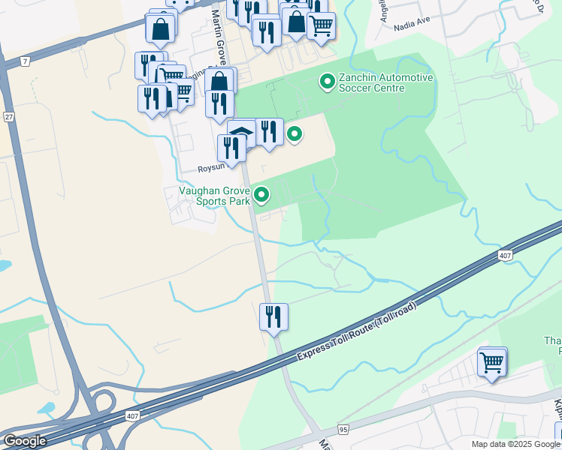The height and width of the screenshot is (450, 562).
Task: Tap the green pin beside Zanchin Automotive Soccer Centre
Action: [327, 81]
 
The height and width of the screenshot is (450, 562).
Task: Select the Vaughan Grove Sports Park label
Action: [213, 196]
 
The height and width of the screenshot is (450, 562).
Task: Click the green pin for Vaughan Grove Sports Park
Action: [261, 195]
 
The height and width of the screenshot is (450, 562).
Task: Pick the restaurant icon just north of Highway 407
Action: [273, 316]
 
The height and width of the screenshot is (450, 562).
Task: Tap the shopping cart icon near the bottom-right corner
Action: [492, 362]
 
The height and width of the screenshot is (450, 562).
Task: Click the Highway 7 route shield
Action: [26, 61]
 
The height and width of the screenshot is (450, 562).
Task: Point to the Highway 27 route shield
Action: [9, 116]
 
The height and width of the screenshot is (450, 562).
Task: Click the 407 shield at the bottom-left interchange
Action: [132, 415]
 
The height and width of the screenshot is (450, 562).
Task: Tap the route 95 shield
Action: [343, 430]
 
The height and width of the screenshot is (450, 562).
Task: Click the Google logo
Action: [25, 441]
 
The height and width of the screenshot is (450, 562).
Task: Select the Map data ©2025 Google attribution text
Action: [516, 444]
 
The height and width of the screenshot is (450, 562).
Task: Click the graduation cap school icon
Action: [242, 133]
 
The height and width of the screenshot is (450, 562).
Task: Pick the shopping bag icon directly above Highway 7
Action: [160, 29]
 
